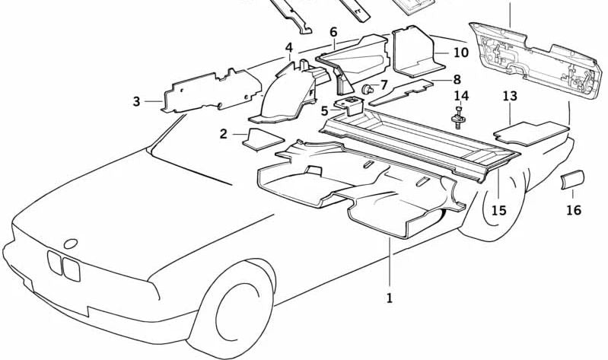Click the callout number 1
pyautogui.click(x=389, y=299)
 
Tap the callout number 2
pyautogui.click(x=224, y=135)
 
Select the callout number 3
pyautogui.click(x=136, y=100)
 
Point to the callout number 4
pyautogui.click(x=288, y=49)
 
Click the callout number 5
pyautogui.click(x=325, y=111)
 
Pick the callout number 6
pyautogui.click(x=333, y=32)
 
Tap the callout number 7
pyautogui.click(x=384, y=84)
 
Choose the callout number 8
pyautogui.click(x=457, y=79)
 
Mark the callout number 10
pyautogui.click(x=461, y=53)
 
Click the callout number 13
pyautogui.click(x=510, y=96)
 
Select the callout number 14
pyautogui.click(x=461, y=96)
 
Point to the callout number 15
pyautogui.click(x=498, y=210)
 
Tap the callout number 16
pyautogui.click(x=573, y=210)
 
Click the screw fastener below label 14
pyautogui.click(x=459, y=119)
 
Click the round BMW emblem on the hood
pyautogui.click(x=71, y=244)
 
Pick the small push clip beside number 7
pyautogui.click(x=368, y=90)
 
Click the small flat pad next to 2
pyautogui.click(x=257, y=138)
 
